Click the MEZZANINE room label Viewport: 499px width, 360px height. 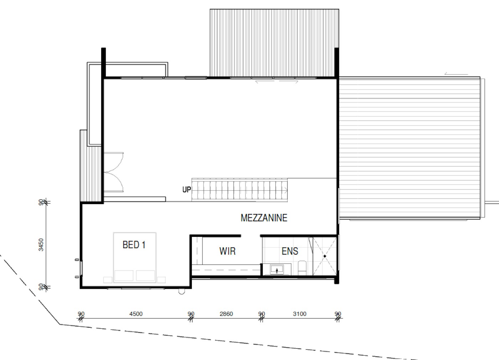(x=264, y=218)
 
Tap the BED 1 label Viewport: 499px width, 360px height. (x=134, y=245)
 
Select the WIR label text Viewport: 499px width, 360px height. (x=227, y=251)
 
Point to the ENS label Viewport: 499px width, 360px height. (x=290, y=251)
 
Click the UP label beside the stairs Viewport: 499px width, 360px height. (x=187, y=189)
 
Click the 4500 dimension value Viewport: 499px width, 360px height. (x=136, y=314)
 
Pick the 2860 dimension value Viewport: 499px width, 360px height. (x=226, y=314)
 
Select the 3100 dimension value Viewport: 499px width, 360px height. (x=300, y=314)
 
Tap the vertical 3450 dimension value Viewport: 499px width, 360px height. (x=41, y=245)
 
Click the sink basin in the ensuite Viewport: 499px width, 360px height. (x=277, y=270)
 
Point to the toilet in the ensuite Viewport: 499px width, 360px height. (x=302, y=268)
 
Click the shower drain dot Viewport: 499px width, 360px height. (x=325, y=256)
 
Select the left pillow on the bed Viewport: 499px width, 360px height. (x=124, y=276)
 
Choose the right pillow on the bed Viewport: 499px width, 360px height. (x=145, y=276)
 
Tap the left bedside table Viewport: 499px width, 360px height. (x=108, y=280)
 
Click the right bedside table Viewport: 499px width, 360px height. (x=161, y=280)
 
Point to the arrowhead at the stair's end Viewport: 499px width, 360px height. (x=286, y=190)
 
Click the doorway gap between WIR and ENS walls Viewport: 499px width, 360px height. (x=250, y=236)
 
